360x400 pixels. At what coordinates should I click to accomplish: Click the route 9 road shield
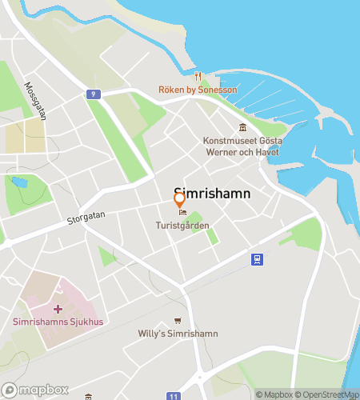point(94,94)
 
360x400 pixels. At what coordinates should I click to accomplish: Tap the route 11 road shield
point(174,396)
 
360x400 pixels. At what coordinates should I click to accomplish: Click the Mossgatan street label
point(35,101)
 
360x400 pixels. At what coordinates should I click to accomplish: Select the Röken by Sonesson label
point(198,90)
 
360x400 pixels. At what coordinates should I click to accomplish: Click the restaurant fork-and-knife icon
point(198,77)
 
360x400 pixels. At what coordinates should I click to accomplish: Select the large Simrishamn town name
point(212,194)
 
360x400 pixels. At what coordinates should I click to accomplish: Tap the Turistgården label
point(182,226)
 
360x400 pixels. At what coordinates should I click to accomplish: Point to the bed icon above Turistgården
point(182,213)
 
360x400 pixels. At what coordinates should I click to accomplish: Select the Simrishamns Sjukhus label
point(58,322)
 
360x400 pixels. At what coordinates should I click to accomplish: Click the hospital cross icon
point(58,309)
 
